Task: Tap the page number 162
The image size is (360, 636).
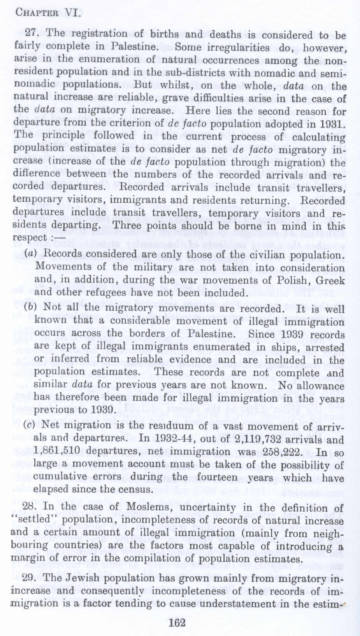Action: tap(177, 622)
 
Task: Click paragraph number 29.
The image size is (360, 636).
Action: tap(31, 578)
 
